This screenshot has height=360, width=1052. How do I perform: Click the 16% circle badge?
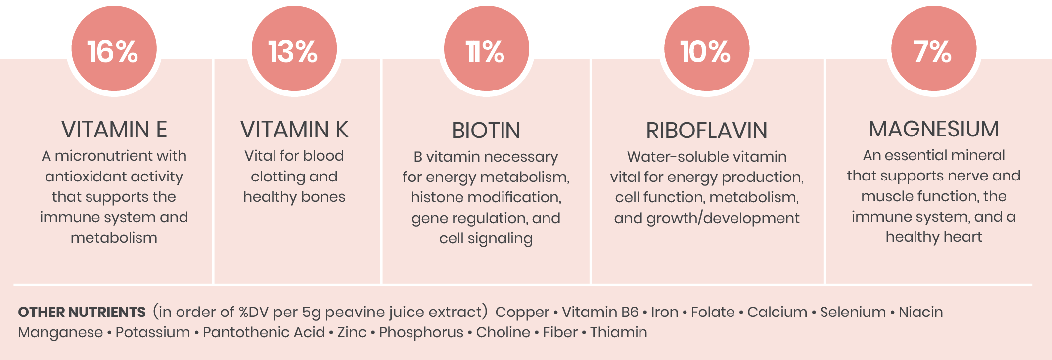point(114,48)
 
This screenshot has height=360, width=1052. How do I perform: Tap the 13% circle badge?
point(294,48)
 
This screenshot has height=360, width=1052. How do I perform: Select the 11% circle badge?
point(487,48)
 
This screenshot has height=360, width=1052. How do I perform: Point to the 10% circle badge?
point(707,48)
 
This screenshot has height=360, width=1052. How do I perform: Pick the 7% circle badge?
point(934,48)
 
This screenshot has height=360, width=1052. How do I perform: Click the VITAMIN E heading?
point(114,130)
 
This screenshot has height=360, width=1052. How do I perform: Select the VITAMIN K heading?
point(294,130)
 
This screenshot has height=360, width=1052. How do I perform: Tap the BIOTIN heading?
point(486,131)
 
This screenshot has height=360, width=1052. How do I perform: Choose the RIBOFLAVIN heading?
point(707,131)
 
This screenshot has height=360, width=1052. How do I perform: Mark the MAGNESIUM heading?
point(934,129)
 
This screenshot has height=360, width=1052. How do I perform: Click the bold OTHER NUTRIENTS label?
point(82,312)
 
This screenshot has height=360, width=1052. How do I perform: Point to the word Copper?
point(522,313)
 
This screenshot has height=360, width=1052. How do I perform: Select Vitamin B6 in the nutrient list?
point(600,312)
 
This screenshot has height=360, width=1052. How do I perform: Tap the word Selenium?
point(853,312)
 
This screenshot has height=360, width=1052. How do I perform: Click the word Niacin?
point(920,312)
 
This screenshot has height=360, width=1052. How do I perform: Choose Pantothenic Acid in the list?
point(264,332)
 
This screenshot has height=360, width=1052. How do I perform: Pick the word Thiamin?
point(618,332)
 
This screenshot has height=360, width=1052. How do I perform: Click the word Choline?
point(503,332)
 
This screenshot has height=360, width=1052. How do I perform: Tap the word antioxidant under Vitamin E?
point(90,177)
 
